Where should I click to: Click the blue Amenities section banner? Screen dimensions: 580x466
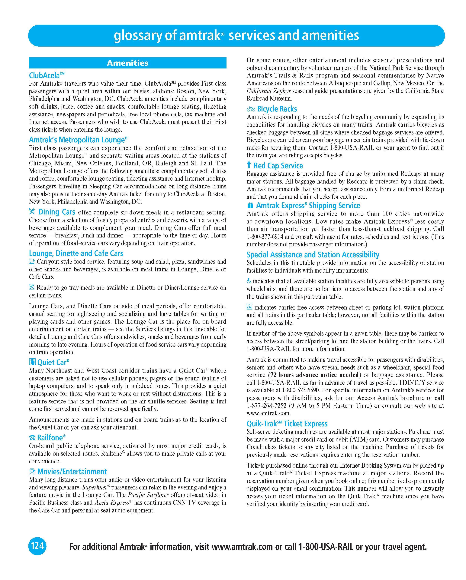(x=128, y=63)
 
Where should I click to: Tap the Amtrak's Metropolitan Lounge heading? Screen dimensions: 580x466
(x=78, y=140)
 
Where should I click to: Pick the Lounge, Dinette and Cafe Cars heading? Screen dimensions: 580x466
(x=76, y=254)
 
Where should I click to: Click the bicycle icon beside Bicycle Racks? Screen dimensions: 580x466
(x=251, y=109)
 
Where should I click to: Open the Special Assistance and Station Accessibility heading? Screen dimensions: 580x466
(x=313, y=255)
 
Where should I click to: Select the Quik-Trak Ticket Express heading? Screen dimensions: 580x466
(x=287, y=424)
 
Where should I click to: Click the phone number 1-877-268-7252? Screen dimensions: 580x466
(x=267, y=406)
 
